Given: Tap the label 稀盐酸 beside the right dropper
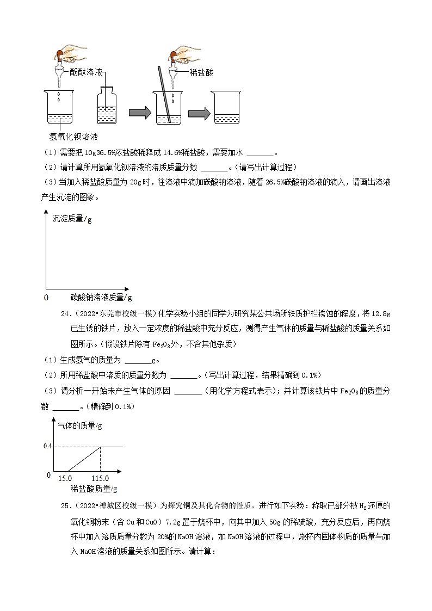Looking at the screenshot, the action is point(202,72).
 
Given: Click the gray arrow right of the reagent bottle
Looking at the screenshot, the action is point(140,113).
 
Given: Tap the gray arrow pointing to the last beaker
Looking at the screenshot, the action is point(199,113).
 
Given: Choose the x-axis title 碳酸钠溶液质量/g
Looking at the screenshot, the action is point(101,297).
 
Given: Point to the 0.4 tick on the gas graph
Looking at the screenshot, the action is point(48,447).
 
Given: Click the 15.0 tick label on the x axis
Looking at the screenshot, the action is point(64,477).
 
